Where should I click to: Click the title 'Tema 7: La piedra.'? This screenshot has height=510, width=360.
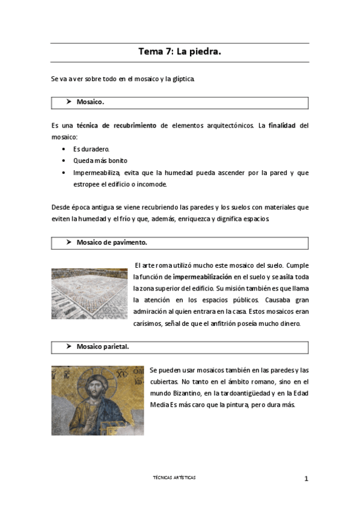pyautogui.click(x=180, y=52)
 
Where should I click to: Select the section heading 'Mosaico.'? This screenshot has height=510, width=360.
pyautogui.click(x=90, y=102)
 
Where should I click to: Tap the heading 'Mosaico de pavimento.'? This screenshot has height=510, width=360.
pyautogui.click(x=112, y=242)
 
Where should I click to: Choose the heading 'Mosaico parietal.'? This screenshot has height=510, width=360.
pyautogui.click(x=102, y=347)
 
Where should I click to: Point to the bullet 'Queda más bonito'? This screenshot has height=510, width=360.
pyautogui.click(x=100, y=161)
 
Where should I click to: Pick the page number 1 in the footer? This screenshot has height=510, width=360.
pyautogui.click(x=306, y=479)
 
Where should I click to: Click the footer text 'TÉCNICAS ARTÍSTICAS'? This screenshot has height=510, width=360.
pyautogui.click(x=174, y=478)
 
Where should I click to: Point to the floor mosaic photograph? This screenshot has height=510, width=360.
pyautogui.click(x=90, y=293)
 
